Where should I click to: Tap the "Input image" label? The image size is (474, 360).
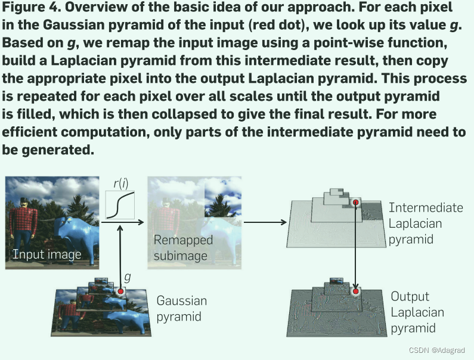point(47,255)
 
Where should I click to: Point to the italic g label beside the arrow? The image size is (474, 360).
point(127,277)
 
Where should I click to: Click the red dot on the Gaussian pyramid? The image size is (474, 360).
point(121,291)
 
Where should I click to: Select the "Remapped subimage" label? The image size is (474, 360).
point(183,247)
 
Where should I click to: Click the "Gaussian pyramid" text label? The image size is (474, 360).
point(182,308)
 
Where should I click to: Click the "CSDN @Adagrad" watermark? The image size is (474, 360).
point(432,351)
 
